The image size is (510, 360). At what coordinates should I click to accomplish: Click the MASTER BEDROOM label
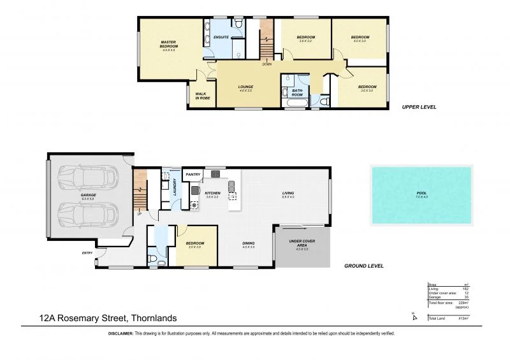[x=168, y=45]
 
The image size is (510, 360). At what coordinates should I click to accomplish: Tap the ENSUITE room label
[x=221, y=38]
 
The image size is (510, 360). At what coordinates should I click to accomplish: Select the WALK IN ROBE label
[x=202, y=96]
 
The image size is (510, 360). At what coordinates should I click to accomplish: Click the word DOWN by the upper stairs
[x=266, y=64]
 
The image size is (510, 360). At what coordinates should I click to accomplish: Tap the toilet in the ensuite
[x=237, y=24]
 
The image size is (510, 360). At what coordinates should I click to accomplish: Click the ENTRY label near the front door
[x=87, y=253]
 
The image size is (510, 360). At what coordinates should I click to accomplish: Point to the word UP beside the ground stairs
[x=139, y=213]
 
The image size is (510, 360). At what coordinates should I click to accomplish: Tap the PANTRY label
[x=193, y=174]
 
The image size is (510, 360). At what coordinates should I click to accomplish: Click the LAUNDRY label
[x=174, y=188]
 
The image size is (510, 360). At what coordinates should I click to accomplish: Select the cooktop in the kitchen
[x=193, y=205]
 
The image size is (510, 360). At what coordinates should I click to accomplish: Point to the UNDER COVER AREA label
[x=302, y=243]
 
